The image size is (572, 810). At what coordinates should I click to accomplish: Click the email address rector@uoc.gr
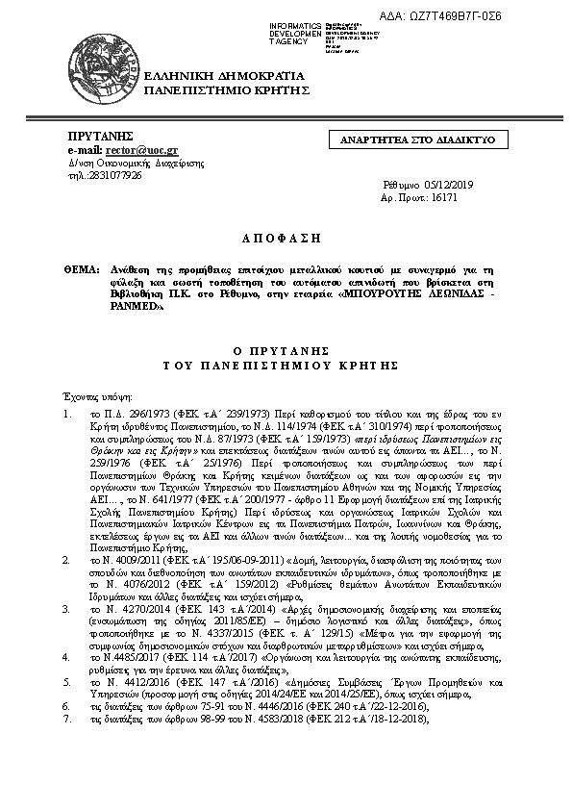pyautogui.click(x=142, y=151)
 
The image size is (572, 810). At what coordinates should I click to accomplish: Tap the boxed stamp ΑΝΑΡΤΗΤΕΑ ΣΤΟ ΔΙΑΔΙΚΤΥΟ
pyautogui.click(x=417, y=140)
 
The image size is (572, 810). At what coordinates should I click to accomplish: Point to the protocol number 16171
pyautogui.click(x=443, y=195)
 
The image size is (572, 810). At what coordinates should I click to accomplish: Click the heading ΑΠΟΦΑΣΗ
pyautogui.click(x=286, y=237)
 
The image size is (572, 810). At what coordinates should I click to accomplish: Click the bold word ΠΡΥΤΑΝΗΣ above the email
pyautogui.click(x=100, y=138)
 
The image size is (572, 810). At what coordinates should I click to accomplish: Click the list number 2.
pyautogui.click(x=65, y=558)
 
